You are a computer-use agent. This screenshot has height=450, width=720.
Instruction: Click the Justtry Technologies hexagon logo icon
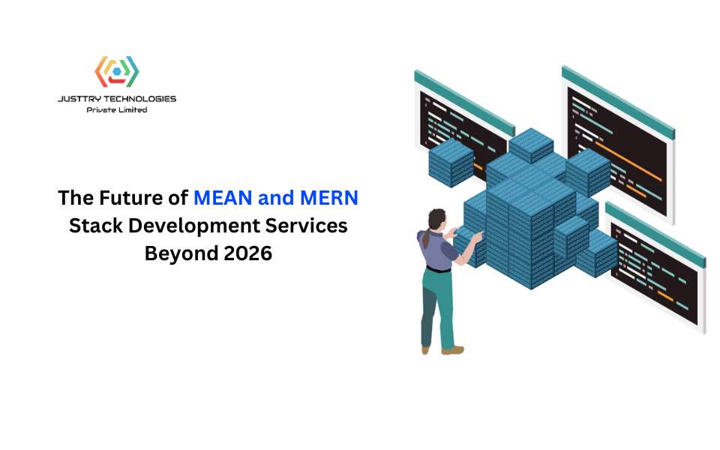[x=117, y=71]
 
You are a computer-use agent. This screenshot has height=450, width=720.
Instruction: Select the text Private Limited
[x=117, y=109]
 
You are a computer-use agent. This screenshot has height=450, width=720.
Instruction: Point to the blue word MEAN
[x=223, y=198]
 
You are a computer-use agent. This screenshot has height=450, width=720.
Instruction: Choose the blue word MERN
[x=328, y=198]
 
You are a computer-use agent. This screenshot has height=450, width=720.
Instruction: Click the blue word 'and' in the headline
[x=276, y=198]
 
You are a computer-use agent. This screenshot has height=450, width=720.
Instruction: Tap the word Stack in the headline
[x=96, y=226]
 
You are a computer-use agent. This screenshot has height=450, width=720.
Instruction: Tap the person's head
[x=436, y=220]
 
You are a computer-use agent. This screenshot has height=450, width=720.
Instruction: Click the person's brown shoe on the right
[x=453, y=350]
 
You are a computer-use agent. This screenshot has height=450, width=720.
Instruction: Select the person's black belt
[x=439, y=269]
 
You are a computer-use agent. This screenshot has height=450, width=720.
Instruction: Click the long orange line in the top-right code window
[x=628, y=160]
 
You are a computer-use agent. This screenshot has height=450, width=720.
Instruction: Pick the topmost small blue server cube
[x=531, y=145]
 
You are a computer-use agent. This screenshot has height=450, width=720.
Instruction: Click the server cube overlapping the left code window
[x=451, y=163]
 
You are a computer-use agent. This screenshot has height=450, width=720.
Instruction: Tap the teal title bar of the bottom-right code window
[x=655, y=235]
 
